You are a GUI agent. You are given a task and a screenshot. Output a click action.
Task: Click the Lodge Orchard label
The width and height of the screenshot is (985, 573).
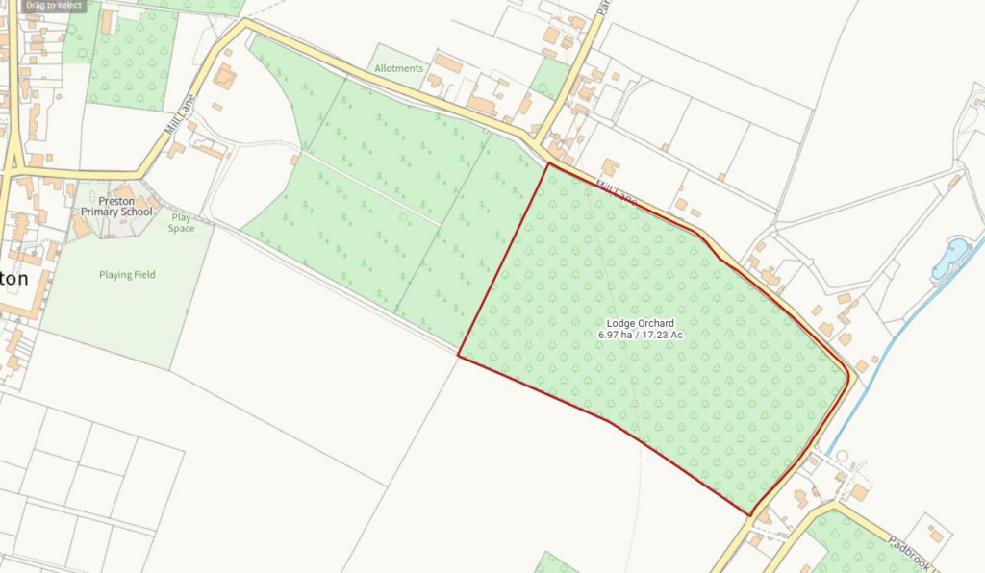point(640,323)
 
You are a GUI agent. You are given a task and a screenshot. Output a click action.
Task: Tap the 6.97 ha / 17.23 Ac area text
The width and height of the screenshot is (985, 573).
point(640,335)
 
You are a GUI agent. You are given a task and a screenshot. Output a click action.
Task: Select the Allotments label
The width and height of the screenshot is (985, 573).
point(399,68)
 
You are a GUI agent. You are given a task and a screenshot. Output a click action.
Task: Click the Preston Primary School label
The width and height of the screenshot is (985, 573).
point(116,206)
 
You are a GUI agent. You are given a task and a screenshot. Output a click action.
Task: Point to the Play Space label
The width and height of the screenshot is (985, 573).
point(181,222)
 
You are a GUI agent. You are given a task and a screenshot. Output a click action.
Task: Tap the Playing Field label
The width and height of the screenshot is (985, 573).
point(127,275)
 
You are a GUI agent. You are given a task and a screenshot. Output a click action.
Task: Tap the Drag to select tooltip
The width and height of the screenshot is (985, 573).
point(54,6)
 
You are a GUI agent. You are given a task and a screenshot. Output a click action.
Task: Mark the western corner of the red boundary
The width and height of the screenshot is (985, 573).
point(458,357)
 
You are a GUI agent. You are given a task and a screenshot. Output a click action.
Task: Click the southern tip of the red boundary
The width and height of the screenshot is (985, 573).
point(750,514)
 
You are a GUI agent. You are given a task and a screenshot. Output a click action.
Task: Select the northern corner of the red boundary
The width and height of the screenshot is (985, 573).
point(548,163)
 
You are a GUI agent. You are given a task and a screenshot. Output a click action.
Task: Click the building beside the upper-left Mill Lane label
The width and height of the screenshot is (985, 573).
point(224,76)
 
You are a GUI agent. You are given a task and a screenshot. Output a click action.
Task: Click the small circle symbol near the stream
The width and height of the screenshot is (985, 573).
point(842,455)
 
